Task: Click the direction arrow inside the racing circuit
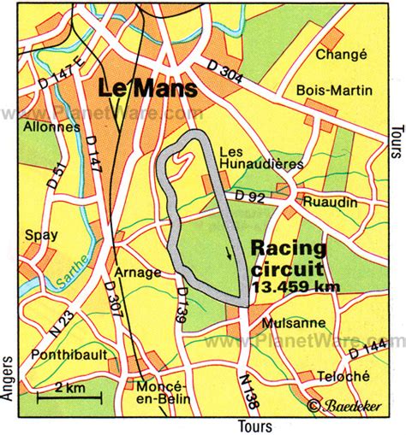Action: point(228,252)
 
